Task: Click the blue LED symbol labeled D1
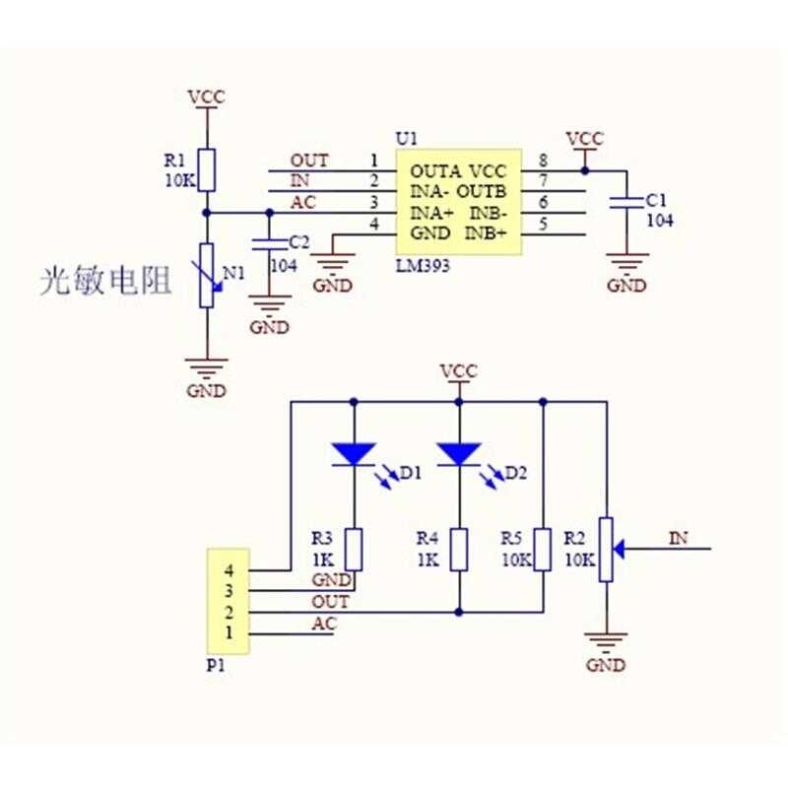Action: click(x=354, y=453)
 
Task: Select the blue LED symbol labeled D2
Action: click(x=459, y=453)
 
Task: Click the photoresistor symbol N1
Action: click(x=206, y=276)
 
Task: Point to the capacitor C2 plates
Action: click(x=263, y=242)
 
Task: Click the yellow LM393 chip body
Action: click(x=458, y=203)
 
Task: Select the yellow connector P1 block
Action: click(x=227, y=601)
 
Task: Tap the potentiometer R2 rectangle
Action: click(x=606, y=550)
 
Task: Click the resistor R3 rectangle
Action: click(x=354, y=550)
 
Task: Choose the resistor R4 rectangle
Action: click(x=459, y=550)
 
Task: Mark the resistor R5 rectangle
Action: click(x=543, y=550)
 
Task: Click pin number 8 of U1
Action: click(x=543, y=160)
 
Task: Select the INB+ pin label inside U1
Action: click(x=488, y=233)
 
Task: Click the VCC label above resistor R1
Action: click(x=206, y=97)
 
